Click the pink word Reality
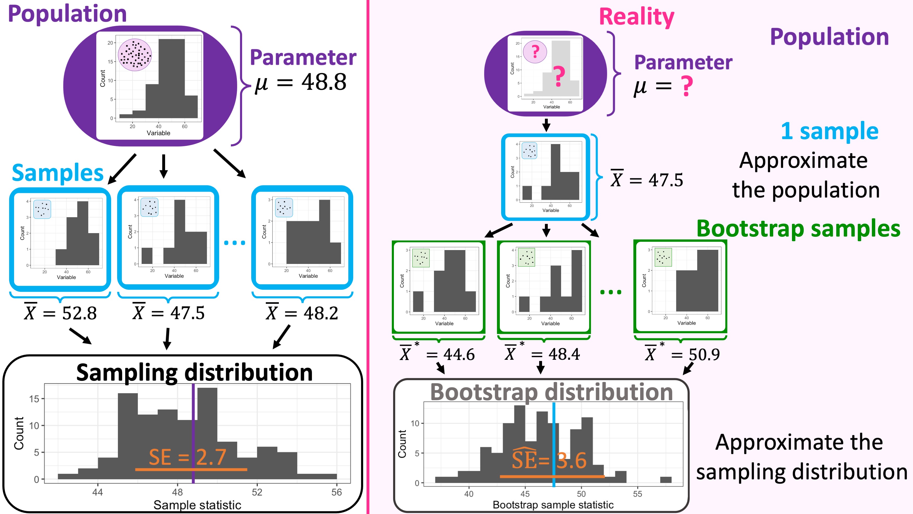pos(636,17)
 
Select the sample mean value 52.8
pos(79,313)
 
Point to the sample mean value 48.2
pos(321,313)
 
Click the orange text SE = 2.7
pos(187,457)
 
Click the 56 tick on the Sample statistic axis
pos(336,492)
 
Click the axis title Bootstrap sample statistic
pos(553,505)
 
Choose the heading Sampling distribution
pos(194,373)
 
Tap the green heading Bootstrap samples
pos(798,228)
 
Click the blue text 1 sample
pos(829,131)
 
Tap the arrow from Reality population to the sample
pos(546,125)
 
